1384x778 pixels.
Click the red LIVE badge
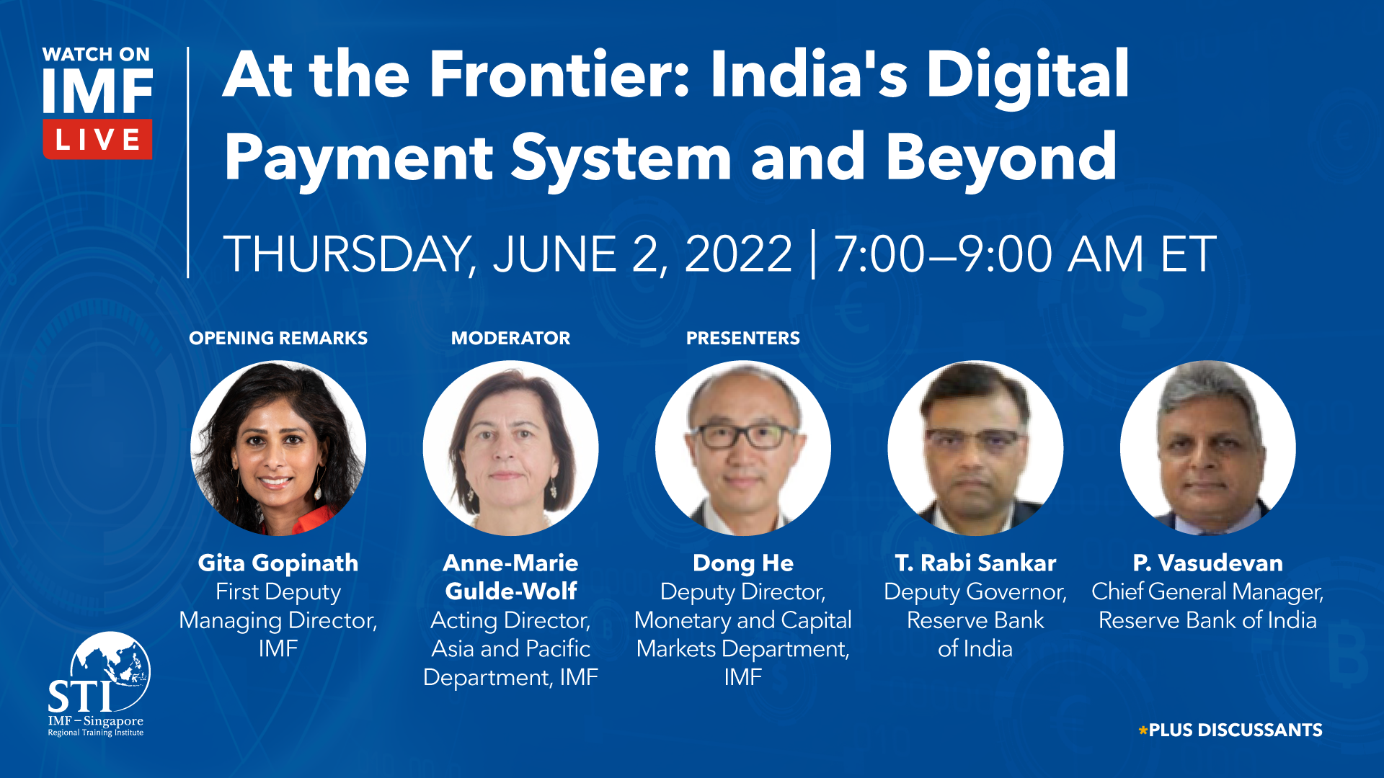(x=97, y=139)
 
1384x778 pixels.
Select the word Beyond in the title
(x=1001, y=156)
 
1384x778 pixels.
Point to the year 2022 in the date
(x=738, y=254)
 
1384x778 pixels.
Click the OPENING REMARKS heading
(x=278, y=338)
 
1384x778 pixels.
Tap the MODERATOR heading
(x=510, y=338)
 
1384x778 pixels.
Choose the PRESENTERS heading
(x=743, y=338)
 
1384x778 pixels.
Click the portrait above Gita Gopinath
(x=278, y=448)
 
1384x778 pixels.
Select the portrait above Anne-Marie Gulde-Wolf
(x=510, y=448)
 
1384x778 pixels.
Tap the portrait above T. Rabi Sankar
(x=975, y=448)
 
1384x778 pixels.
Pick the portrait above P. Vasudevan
(x=1208, y=448)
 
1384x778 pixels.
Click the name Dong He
(x=743, y=563)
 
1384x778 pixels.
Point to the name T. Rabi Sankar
(x=975, y=563)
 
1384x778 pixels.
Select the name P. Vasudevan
(x=1208, y=563)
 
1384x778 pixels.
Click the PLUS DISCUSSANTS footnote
(x=1230, y=730)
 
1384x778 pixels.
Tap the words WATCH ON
(x=96, y=55)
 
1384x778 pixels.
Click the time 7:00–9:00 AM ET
(x=1025, y=254)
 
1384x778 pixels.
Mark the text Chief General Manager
(x=1207, y=592)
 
